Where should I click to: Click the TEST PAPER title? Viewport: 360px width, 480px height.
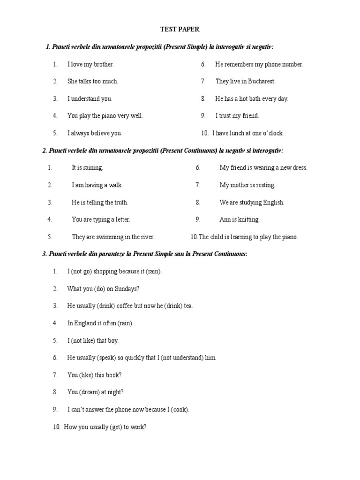click(x=180, y=29)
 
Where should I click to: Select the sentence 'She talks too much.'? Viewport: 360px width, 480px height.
click(x=93, y=81)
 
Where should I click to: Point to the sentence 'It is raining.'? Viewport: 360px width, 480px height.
click(x=87, y=167)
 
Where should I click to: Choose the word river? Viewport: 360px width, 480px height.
click(x=146, y=237)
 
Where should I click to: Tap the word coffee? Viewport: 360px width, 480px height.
click(x=123, y=306)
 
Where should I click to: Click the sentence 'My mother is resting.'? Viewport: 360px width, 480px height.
click(x=247, y=185)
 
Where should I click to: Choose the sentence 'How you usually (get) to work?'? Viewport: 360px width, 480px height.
click(x=105, y=427)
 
